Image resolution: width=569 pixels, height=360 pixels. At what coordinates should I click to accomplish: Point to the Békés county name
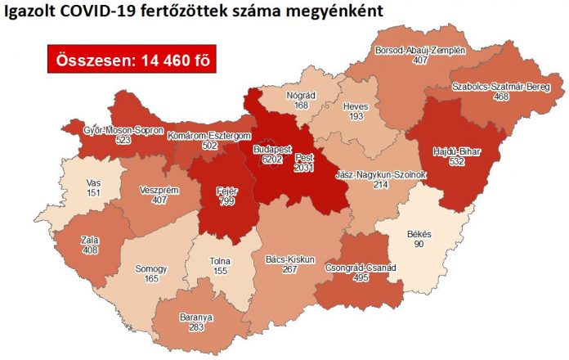tap(419, 234)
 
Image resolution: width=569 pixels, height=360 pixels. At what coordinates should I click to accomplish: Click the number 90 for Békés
tap(419, 245)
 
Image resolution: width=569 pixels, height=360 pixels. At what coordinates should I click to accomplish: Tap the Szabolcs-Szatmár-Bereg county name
tap(498, 86)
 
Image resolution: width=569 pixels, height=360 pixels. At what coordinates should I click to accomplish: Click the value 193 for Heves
tap(356, 117)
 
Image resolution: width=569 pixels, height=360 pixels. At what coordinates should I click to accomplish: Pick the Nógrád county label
tap(301, 94)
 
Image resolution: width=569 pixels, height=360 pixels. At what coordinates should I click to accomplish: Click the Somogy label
tap(152, 268)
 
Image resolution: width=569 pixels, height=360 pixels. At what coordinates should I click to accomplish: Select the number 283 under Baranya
tap(196, 327)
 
